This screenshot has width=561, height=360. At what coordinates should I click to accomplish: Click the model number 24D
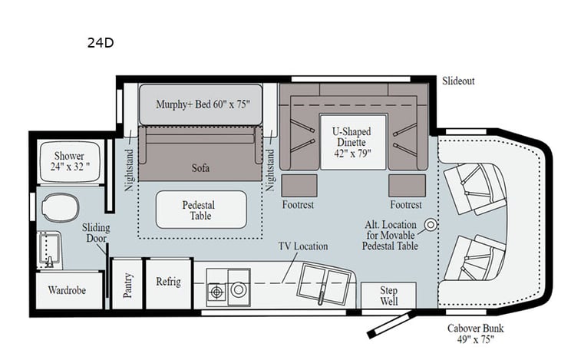pos(100,43)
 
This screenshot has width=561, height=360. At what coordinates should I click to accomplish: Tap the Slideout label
pos(458,81)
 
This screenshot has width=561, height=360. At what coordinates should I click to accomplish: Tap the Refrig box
pos(167,282)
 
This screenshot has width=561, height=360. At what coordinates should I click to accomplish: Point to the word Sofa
pos(200,167)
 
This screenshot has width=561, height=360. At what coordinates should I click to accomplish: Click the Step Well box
pos(388,296)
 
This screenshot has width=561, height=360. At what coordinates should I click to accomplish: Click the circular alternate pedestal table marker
pos(431,225)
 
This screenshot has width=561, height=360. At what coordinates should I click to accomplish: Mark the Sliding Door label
pos(96,233)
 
